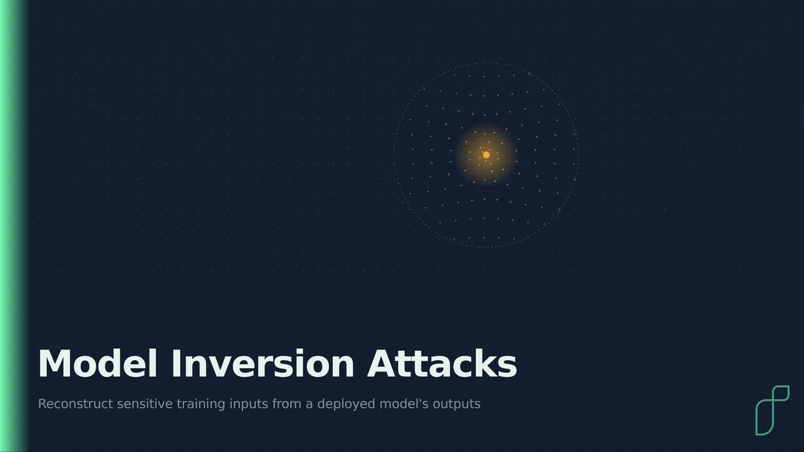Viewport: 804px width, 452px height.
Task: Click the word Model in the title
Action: point(98,363)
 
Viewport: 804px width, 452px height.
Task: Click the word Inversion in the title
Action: point(263,363)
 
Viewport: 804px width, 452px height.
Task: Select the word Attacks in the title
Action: point(442,363)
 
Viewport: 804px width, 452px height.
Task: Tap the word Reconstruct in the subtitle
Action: point(76,404)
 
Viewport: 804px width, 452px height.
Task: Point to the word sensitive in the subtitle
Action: point(145,404)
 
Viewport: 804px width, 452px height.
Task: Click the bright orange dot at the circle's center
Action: point(486,155)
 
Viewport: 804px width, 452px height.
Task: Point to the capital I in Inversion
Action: point(177,363)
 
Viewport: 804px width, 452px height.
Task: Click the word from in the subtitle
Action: point(287,404)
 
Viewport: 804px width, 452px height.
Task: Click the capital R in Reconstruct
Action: point(43,404)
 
